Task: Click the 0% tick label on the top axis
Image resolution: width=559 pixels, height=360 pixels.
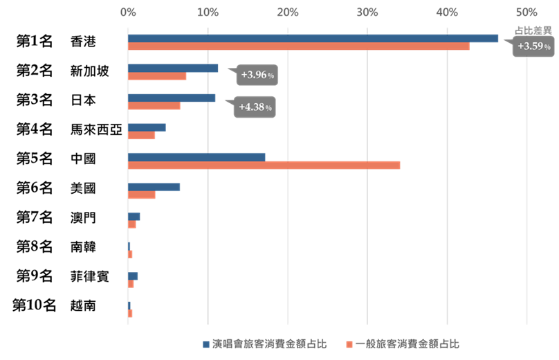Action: click(x=127, y=12)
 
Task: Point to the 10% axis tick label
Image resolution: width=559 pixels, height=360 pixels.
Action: click(x=208, y=12)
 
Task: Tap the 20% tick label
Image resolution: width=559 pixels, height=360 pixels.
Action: click(x=287, y=12)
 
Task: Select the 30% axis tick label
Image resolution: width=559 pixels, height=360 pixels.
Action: click(x=367, y=12)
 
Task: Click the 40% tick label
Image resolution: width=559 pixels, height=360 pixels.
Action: click(x=447, y=12)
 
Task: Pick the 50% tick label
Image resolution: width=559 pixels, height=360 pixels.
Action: click(x=526, y=12)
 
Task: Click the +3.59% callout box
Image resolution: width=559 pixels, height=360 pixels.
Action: click(x=533, y=46)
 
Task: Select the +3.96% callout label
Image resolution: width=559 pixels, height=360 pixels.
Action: click(x=257, y=75)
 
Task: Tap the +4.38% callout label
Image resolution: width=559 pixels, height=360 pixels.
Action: click(x=255, y=107)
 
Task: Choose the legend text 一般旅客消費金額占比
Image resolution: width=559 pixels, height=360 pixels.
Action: click(x=407, y=344)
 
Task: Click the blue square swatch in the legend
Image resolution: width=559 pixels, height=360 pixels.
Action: click(x=206, y=344)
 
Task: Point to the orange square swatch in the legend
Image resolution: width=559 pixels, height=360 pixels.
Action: click(x=349, y=344)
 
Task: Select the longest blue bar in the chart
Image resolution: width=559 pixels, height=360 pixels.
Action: click(x=313, y=38)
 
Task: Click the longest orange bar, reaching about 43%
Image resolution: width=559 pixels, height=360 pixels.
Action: click(x=298, y=46)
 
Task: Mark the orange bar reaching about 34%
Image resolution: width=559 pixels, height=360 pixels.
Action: click(x=264, y=165)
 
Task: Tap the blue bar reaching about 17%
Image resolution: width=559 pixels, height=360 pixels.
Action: click(x=196, y=156)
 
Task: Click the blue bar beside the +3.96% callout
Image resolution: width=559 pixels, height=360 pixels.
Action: click(x=173, y=68)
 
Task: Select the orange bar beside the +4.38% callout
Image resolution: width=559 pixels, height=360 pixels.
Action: click(x=154, y=106)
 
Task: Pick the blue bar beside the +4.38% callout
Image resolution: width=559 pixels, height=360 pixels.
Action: click(x=172, y=98)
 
